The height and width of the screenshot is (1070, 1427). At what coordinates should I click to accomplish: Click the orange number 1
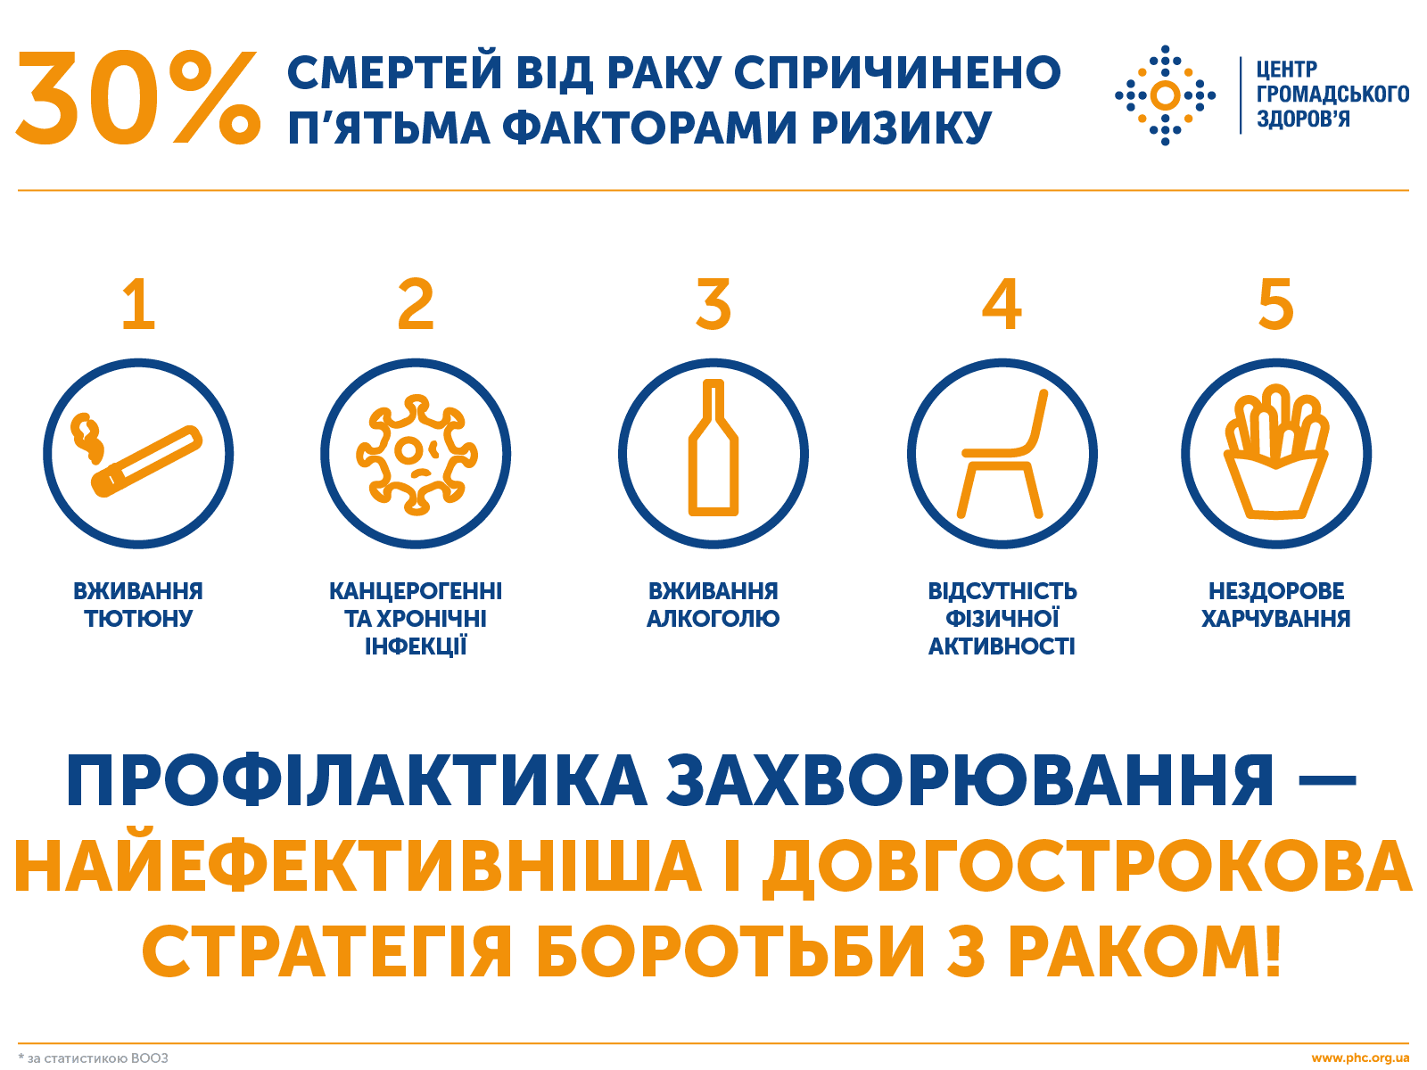[x=139, y=305]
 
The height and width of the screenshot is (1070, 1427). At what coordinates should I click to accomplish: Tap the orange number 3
[x=713, y=305]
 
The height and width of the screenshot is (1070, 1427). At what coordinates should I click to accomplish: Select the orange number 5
[x=1275, y=305]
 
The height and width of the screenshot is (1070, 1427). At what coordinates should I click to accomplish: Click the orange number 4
[x=1002, y=305]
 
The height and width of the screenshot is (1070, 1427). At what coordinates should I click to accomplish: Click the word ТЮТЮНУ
[x=138, y=619]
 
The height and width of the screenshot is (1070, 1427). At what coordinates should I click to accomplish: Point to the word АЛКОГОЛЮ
[x=713, y=619]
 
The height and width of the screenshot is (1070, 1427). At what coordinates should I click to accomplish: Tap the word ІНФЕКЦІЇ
[x=416, y=646]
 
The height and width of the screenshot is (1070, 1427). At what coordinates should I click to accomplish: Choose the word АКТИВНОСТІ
[x=1002, y=646]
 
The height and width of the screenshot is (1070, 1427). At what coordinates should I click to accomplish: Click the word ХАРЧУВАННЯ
[x=1275, y=619]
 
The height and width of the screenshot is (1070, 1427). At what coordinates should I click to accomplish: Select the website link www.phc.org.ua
[x=1360, y=1058]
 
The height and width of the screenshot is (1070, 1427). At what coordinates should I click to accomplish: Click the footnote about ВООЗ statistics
[x=94, y=1058]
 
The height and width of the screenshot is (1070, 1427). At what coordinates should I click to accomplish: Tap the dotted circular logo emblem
[x=1165, y=95]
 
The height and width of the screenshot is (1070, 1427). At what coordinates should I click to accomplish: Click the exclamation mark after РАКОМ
[x=1272, y=951]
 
